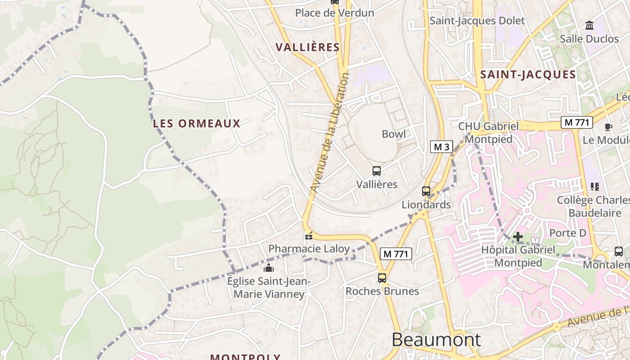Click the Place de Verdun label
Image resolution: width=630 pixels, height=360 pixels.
(334, 13)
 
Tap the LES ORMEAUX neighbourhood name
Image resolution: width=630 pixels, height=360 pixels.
(197, 123)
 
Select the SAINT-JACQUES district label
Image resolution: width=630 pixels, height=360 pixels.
(528, 75)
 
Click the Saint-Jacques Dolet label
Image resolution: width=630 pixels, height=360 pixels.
(477, 21)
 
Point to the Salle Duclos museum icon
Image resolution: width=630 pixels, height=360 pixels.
(589, 26)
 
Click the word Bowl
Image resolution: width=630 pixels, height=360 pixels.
(393, 134)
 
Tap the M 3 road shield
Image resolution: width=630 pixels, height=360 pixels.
(441, 147)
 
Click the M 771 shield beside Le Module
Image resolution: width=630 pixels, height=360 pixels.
(576, 122)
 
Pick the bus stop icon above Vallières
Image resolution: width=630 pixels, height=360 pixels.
(377, 171)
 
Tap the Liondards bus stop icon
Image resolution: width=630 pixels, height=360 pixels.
(426, 191)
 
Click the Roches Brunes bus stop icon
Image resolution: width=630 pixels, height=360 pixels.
(382, 278)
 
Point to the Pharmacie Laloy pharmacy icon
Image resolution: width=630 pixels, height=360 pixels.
(309, 235)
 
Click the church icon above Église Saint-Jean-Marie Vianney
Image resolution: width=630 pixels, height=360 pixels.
(269, 269)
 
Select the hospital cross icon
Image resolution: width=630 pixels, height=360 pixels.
(518, 236)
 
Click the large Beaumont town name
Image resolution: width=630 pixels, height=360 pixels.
(436, 339)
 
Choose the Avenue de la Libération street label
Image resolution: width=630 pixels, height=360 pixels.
(330, 133)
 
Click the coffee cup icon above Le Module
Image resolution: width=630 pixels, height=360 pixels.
(608, 127)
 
